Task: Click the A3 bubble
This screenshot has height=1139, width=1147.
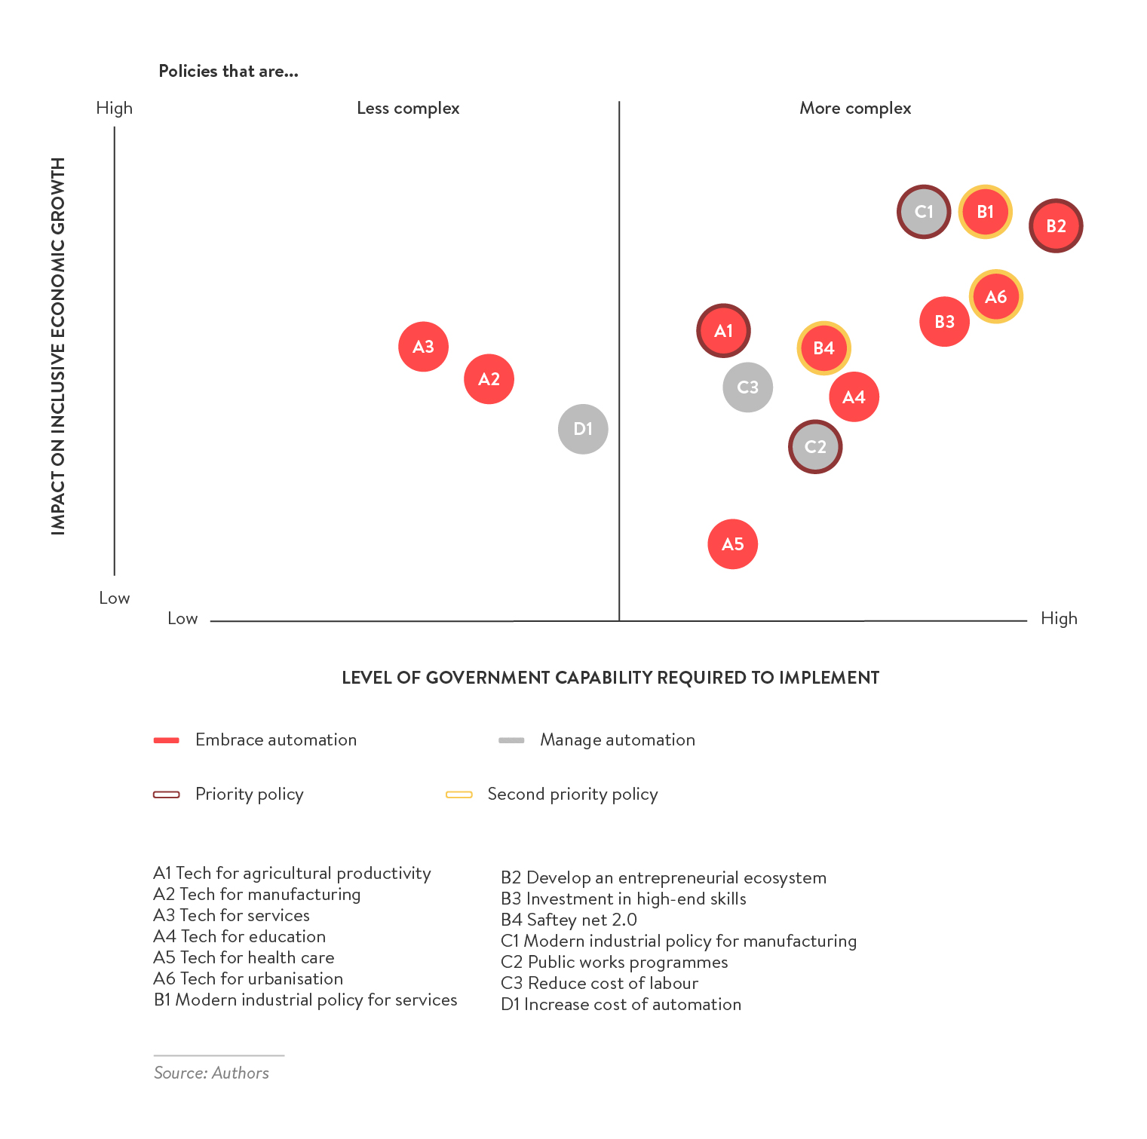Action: click(423, 347)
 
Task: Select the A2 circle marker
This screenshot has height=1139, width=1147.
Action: click(489, 379)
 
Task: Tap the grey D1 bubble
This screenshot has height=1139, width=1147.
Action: click(583, 429)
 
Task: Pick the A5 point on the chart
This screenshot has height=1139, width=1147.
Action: click(732, 544)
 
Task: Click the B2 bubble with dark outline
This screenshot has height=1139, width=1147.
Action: click(1056, 226)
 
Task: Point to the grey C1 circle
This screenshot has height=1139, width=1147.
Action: click(924, 212)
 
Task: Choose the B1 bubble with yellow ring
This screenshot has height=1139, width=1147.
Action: click(985, 212)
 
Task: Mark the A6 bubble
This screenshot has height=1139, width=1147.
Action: click(995, 297)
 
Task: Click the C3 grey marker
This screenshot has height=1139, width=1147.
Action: click(747, 387)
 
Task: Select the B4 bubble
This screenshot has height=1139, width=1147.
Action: click(823, 348)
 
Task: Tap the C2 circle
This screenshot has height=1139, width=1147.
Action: click(815, 447)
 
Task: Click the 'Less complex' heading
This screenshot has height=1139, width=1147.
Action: click(408, 109)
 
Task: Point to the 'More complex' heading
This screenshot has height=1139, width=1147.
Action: click(855, 109)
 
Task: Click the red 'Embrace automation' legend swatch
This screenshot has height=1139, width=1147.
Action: click(166, 740)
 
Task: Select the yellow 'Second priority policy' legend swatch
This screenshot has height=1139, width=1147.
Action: click(458, 795)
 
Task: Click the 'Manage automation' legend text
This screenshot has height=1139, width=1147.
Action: click(617, 740)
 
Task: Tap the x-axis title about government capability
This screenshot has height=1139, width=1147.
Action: click(610, 678)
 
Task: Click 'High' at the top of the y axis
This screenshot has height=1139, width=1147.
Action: click(115, 109)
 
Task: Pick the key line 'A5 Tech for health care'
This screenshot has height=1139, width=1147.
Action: click(244, 957)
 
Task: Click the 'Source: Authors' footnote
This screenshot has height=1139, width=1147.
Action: click(211, 1073)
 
